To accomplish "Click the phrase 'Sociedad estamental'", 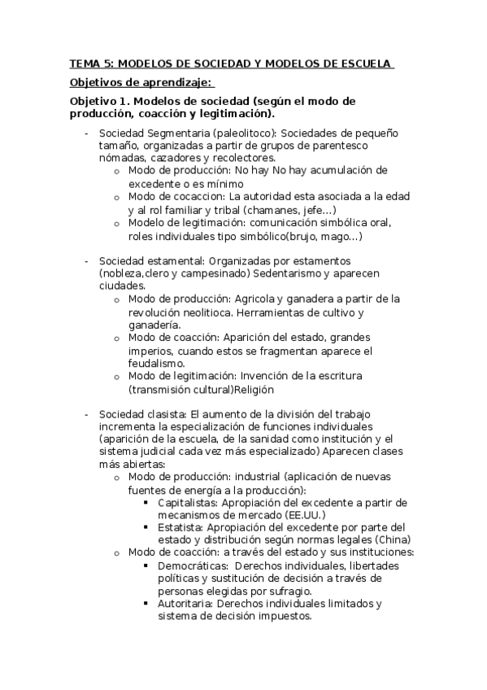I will (x=150, y=260).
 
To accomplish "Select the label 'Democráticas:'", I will (x=192, y=566).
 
